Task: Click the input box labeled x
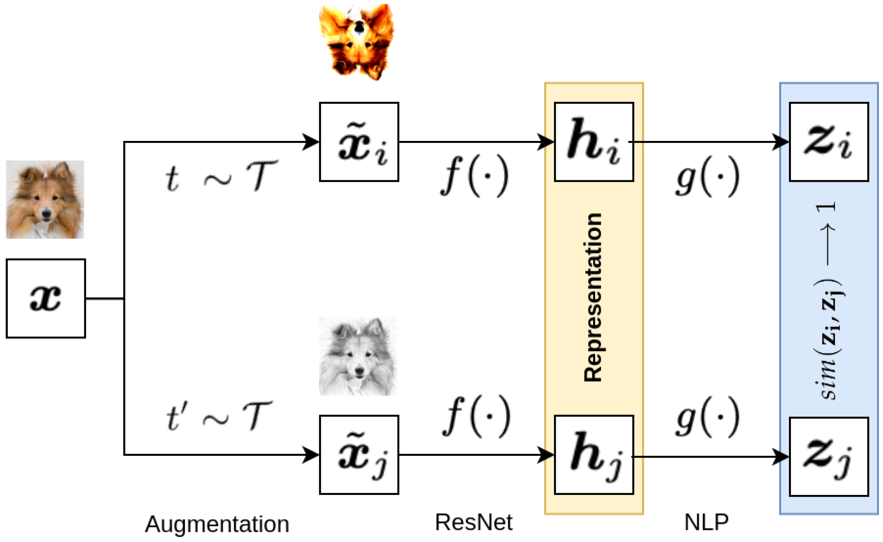pyautogui.click(x=46, y=298)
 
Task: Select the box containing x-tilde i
pyautogui.click(x=359, y=142)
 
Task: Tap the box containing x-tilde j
pyautogui.click(x=359, y=454)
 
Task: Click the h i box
pyautogui.click(x=593, y=142)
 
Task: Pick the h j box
pyautogui.click(x=593, y=454)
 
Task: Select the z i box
pyautogui.click(x=829, y=142)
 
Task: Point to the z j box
pyautogui.click(x=829, y=457)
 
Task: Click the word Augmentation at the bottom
pyautogui.click(x=217, y=524)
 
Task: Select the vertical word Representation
pyautogui.click(x=593, y=298)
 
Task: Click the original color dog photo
pyautogui.click(x=45, y=199)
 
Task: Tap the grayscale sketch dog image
pyautogui.click(x=358, y=356)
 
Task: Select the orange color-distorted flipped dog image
pyautogui.click(x=356, y=42)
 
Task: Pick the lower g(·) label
pyautogui.click(x=707, y=417)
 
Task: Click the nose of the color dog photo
pyautogui.click(x=46, y=214)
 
